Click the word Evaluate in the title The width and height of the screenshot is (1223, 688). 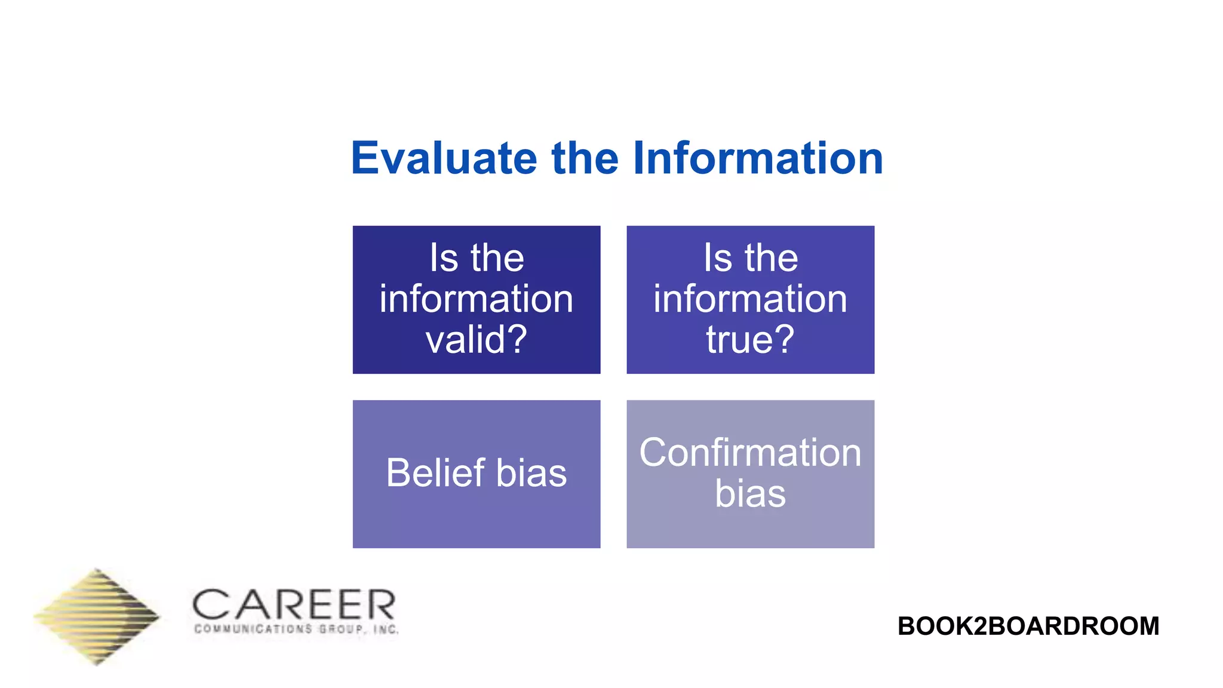tap(444, 158)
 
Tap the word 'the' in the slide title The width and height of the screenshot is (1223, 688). tap(585, 158)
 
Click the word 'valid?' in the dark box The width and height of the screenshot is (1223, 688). tap(476, 339)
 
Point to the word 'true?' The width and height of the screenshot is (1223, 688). tap(750, 339)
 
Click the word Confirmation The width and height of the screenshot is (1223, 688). tap(750, 453)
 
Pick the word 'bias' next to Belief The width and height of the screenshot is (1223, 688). tap(531, 473)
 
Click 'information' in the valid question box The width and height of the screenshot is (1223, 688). tap(476, 299)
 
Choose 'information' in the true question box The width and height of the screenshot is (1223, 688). tap(750, 299)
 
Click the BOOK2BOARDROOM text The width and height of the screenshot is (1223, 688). tap(1028, 626)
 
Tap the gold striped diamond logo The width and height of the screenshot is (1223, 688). tap(97, 616)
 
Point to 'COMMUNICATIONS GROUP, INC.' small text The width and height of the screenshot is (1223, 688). tap(296, 629)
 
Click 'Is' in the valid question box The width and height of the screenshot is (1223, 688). tap(444, 258)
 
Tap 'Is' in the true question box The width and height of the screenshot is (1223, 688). tap(717, 258)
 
